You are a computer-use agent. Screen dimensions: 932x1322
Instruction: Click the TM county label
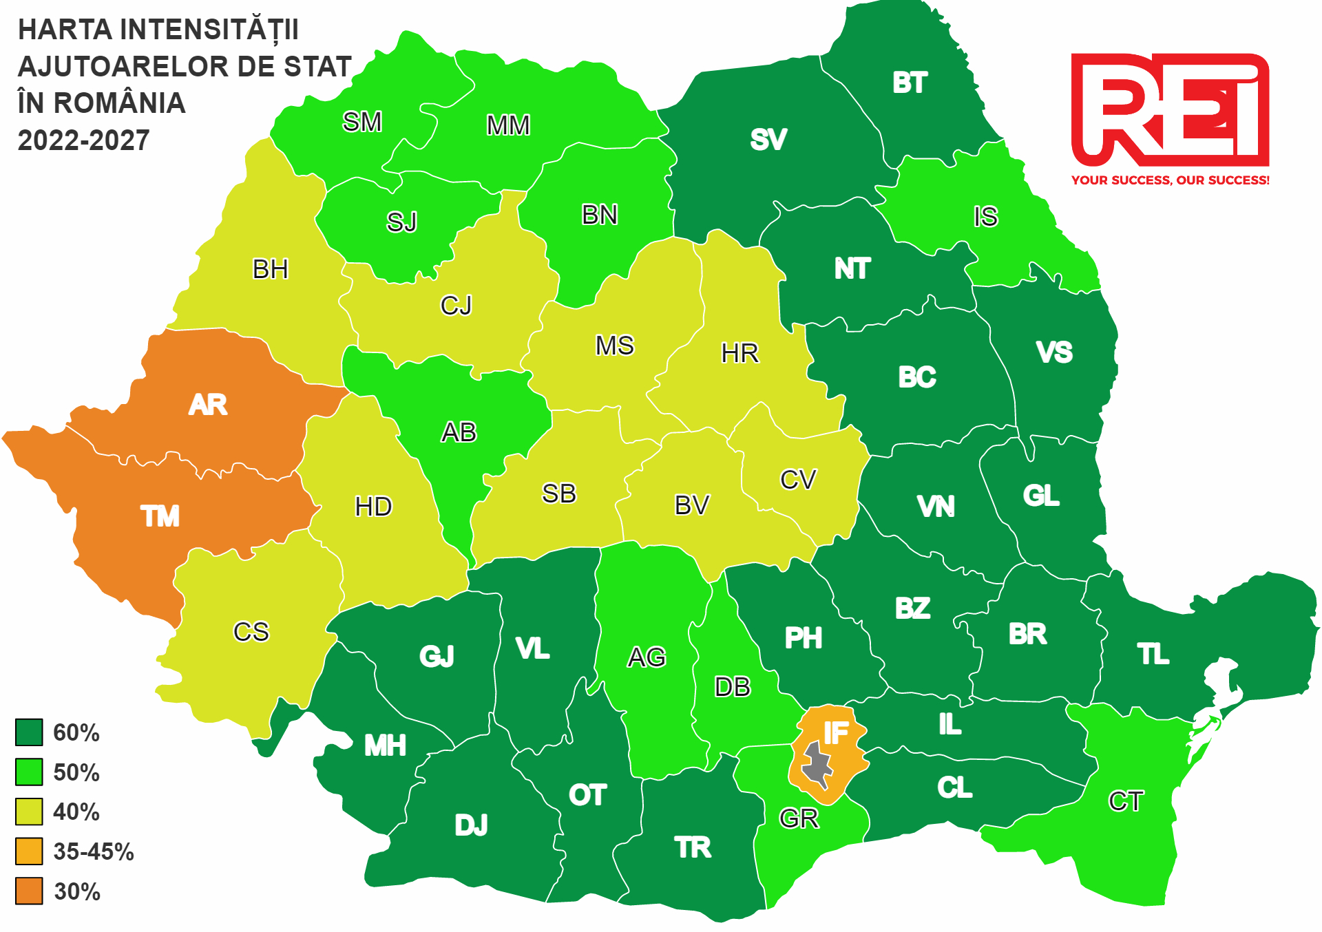coord(160,516)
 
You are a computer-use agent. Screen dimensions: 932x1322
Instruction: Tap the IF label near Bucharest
coord(835,734)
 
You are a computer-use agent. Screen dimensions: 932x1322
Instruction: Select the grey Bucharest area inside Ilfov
coord(817,764)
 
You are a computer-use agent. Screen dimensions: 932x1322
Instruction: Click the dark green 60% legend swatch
coord(29,732)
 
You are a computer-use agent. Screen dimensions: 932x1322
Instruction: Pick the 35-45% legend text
coord(94,852)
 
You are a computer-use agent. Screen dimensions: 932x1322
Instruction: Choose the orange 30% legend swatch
coord(29,891)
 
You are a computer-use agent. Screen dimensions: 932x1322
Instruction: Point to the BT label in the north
coord(910,83)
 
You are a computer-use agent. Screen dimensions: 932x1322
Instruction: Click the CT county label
coord(1126,801)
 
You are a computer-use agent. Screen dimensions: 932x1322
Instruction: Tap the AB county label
coord(459,433)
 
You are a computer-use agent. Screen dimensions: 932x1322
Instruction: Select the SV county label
coord(768,140)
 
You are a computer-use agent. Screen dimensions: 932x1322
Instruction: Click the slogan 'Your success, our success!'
coord(1170,180)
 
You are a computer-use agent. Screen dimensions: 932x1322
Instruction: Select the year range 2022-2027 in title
coord(83,140)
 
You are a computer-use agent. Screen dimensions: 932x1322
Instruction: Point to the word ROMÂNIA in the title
coord(120,103)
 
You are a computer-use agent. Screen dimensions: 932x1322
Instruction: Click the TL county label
coord(1153,655)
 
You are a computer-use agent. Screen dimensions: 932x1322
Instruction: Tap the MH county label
coord(385,745)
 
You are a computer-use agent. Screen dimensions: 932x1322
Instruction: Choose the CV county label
coord(798,480)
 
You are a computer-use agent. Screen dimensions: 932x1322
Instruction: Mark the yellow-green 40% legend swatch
coord(29,812)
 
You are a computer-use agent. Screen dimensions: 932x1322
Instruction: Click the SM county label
coord(362,123)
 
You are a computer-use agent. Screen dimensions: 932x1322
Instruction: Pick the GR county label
coord(799,818)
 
